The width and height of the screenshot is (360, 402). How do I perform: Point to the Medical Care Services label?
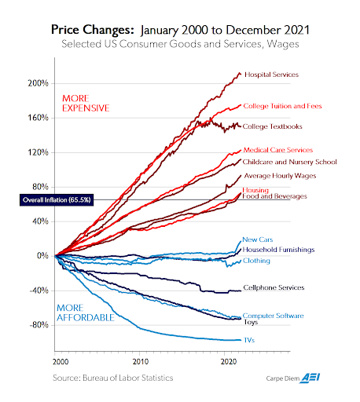click(x=278, y=149)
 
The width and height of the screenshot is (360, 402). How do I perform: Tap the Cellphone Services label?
click(x=274, y=288)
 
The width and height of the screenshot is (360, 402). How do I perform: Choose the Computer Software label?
click(x=274, y=316)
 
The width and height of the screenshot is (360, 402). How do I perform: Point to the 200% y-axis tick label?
click(x=39, y=83)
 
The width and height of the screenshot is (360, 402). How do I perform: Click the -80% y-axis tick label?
click(x=39, y=324)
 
